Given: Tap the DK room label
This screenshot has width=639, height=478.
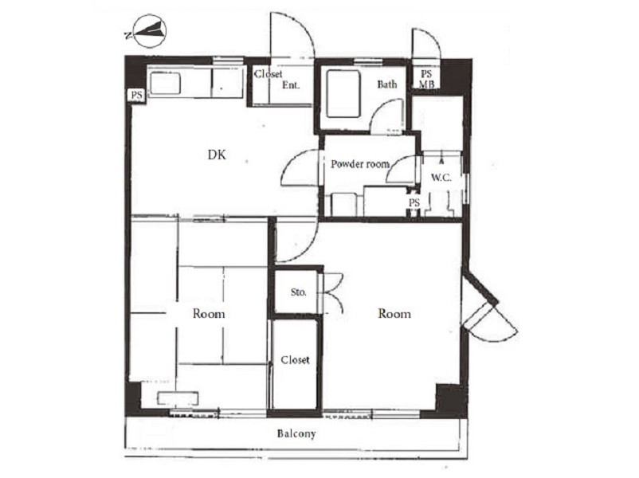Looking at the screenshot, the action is tap(217, 155).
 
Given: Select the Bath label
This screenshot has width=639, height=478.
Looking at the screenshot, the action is tap(386, 84).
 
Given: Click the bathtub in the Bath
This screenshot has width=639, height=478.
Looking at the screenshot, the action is tap(343, 94).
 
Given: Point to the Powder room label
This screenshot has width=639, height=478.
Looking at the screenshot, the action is tap(360, 164).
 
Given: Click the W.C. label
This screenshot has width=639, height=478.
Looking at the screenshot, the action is tap(441, 178).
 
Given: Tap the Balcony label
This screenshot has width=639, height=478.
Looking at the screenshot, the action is tap(296, 433).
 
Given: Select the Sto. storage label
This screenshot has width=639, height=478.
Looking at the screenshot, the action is tap(298, 292).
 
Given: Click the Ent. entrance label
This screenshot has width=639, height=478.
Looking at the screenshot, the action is tap(291, 85).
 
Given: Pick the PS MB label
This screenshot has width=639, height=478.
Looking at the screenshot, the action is tap(427, 80).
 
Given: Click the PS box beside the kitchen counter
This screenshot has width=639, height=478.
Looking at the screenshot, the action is tap(136, 95).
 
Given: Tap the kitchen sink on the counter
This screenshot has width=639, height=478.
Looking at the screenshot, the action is tap(166, 84).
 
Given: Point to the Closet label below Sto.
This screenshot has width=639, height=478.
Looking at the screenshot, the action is tap(295, 360).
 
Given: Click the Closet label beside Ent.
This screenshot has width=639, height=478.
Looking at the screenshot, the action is tap(269, 74).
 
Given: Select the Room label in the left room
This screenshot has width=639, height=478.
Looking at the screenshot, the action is tap(209, 314).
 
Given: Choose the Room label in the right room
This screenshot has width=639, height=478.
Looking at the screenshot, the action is tap(394, 313).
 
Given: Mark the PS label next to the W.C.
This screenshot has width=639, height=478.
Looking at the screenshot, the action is tap(414, 202).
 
